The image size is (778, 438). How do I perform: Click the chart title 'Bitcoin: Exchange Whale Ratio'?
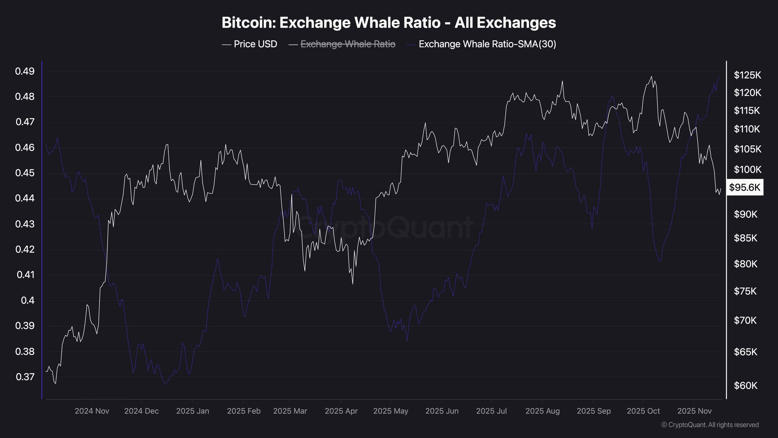389,23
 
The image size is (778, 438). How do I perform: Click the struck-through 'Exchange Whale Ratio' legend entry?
348,44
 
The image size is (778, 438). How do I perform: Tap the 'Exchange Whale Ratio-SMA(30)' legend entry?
487,44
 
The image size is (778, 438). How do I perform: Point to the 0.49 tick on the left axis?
25,71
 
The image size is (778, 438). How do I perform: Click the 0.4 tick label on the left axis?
28,301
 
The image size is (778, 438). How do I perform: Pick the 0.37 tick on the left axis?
25,377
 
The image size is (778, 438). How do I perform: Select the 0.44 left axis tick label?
25,198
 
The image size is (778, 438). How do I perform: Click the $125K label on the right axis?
747,75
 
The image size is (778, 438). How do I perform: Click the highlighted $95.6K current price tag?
745,187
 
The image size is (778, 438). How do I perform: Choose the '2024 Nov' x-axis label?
92,411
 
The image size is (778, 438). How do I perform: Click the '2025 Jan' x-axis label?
193,411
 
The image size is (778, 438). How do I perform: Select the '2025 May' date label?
391,411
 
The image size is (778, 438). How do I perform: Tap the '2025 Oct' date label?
643,411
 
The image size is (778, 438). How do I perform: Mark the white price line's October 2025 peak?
651,77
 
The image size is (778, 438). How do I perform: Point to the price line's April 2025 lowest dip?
353,284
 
